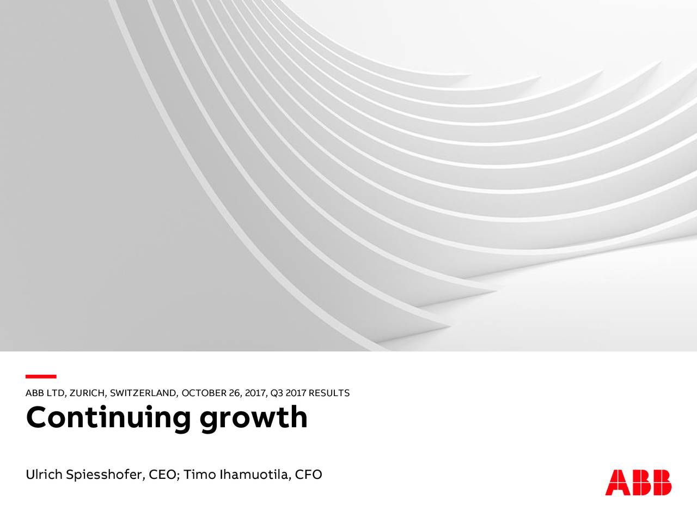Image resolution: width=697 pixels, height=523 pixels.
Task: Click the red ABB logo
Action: (x=638, y=482)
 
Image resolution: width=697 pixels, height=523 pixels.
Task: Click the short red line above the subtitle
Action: (x=41, y=376)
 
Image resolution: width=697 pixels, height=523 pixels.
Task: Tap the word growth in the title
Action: (x=253, y=418)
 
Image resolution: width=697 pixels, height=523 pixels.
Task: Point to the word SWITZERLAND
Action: (x=144, y=393)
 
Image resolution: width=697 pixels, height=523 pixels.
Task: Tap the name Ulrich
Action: (x=44, y=475)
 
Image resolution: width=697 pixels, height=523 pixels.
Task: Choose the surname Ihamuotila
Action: (x=253, y=475)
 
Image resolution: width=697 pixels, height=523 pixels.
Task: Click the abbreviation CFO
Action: (x=308, y=475)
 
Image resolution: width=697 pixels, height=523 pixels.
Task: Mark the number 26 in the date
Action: (x=236, y=393)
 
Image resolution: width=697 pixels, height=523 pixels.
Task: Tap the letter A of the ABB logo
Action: (x=617, y=482)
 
